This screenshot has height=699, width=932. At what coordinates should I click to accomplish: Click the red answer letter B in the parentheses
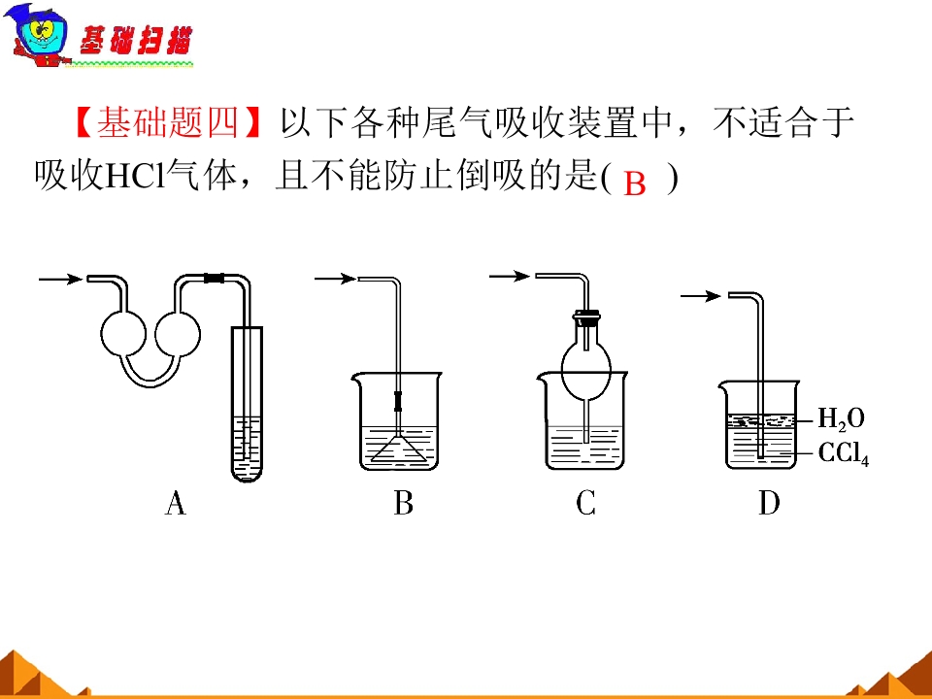tap(635, 183)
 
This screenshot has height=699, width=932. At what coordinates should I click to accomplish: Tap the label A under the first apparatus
tap(176, 503)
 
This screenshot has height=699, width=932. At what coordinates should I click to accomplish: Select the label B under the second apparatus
tap(403, 503)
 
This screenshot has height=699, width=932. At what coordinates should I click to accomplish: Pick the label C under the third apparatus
tap(585, 503)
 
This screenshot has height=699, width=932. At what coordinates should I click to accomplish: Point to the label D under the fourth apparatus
tap(769, 503)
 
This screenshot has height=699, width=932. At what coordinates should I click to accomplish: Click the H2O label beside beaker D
tap(841, 418)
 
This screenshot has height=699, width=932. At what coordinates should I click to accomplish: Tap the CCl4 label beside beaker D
tap(844, 453)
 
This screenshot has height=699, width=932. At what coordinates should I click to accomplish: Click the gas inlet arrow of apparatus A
tap(60, 279)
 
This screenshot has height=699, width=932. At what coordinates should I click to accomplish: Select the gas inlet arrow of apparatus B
tap(335, 279)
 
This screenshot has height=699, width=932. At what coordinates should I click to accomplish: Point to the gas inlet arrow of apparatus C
tap(510, 276)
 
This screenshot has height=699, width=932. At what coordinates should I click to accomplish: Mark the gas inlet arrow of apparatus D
tap(701, 295)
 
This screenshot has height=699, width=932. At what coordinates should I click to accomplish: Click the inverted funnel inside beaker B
tap(398, 449)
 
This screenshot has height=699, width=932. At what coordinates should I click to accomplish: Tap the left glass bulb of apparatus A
tap(123, 334)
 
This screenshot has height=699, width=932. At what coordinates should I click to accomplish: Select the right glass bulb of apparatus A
tap(178, 334)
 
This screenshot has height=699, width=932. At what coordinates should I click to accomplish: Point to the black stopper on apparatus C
tap(586, 317)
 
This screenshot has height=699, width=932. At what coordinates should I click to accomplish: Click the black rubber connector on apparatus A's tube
tap(214, 278)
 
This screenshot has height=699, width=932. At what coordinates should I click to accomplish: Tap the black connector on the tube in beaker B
tap(398, 402)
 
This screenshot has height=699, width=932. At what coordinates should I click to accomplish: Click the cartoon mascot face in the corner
tap(37, 35)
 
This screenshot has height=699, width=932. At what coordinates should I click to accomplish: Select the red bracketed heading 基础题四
tap(168, 123)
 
